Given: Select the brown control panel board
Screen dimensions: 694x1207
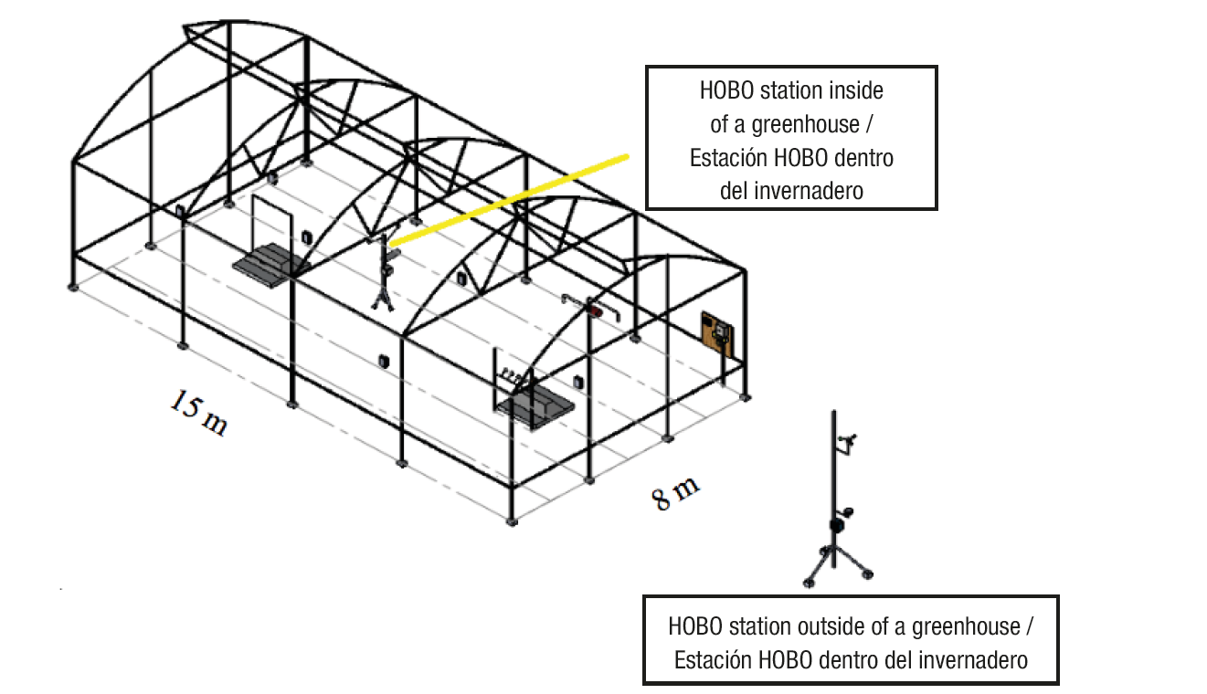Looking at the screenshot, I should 718,334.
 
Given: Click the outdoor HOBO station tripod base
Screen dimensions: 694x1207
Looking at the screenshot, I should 835,562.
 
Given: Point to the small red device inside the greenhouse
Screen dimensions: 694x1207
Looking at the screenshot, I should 597,311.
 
